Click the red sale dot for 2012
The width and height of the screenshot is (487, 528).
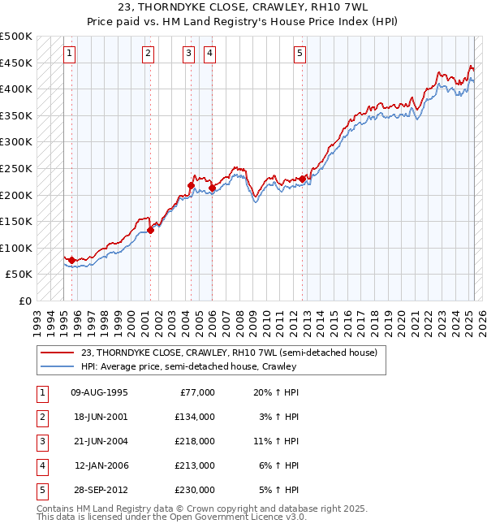pyautogui.click(x=303, y=179)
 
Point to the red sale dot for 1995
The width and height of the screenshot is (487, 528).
pyautogui.click(x=71, y=260)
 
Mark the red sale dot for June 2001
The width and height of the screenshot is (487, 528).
pyautogui.click(x=150, y=230)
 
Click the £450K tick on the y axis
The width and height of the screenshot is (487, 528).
pyautogui.click(x=16, y=63)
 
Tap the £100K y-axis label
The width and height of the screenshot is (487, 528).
pyautogui.click(x=16, y=248)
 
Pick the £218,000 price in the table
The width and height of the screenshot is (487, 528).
pyautogui.click(x=196, y=441)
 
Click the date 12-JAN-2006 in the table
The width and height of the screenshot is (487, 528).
pyautogui.click(x=101, y=465)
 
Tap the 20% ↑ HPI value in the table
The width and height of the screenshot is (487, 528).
pyautogui.click(x=277, y=392)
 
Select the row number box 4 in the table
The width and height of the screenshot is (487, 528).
pyautogui.click(x=41, y=465)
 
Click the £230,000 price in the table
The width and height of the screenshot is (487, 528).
pyautogui.click(x=196, y=490)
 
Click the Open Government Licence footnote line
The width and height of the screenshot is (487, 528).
pyautogui.click(x=172, y=517)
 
